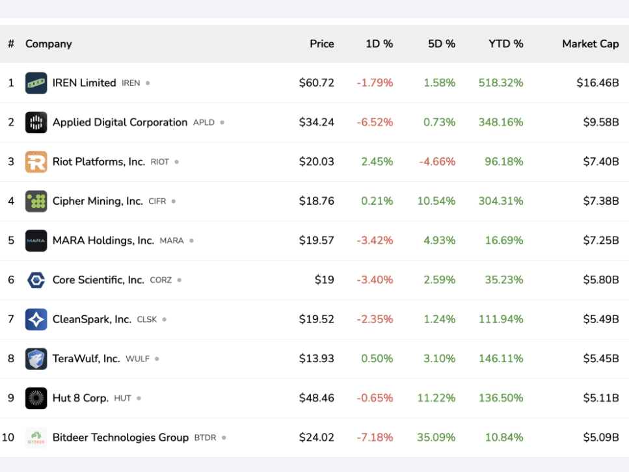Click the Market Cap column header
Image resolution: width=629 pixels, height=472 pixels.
click(590, 44)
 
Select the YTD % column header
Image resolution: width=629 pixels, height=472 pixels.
click(505, 44)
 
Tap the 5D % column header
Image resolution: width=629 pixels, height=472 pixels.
click(441, 44)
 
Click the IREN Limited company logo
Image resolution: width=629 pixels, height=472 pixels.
click(36, 83)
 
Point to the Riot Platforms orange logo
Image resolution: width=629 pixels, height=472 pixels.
click(36, 162)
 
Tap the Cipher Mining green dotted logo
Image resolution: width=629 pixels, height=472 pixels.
click(36, 202)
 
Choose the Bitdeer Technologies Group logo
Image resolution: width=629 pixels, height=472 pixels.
click(36, 438)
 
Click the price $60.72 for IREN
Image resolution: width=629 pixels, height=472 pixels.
click(316, 83)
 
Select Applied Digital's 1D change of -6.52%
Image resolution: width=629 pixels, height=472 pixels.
click(375, 123)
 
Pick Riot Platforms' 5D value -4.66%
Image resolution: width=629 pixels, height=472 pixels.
click(437, 162)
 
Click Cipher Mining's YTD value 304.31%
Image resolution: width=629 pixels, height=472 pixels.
click(501, 202)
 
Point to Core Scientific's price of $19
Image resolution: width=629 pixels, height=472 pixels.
click(324, 280)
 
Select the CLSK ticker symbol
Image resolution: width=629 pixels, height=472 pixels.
click(147, 320)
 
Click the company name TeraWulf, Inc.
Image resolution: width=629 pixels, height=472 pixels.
click(86, 359)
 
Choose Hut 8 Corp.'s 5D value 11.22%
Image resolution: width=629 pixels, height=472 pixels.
click(436, 399)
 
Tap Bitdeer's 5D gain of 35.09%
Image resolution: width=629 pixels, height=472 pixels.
click(436, 438)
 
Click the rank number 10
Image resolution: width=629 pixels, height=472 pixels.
click(8, 438)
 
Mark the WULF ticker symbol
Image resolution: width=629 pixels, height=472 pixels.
click(137, 359)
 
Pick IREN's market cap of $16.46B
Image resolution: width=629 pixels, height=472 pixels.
click(597, 83)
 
